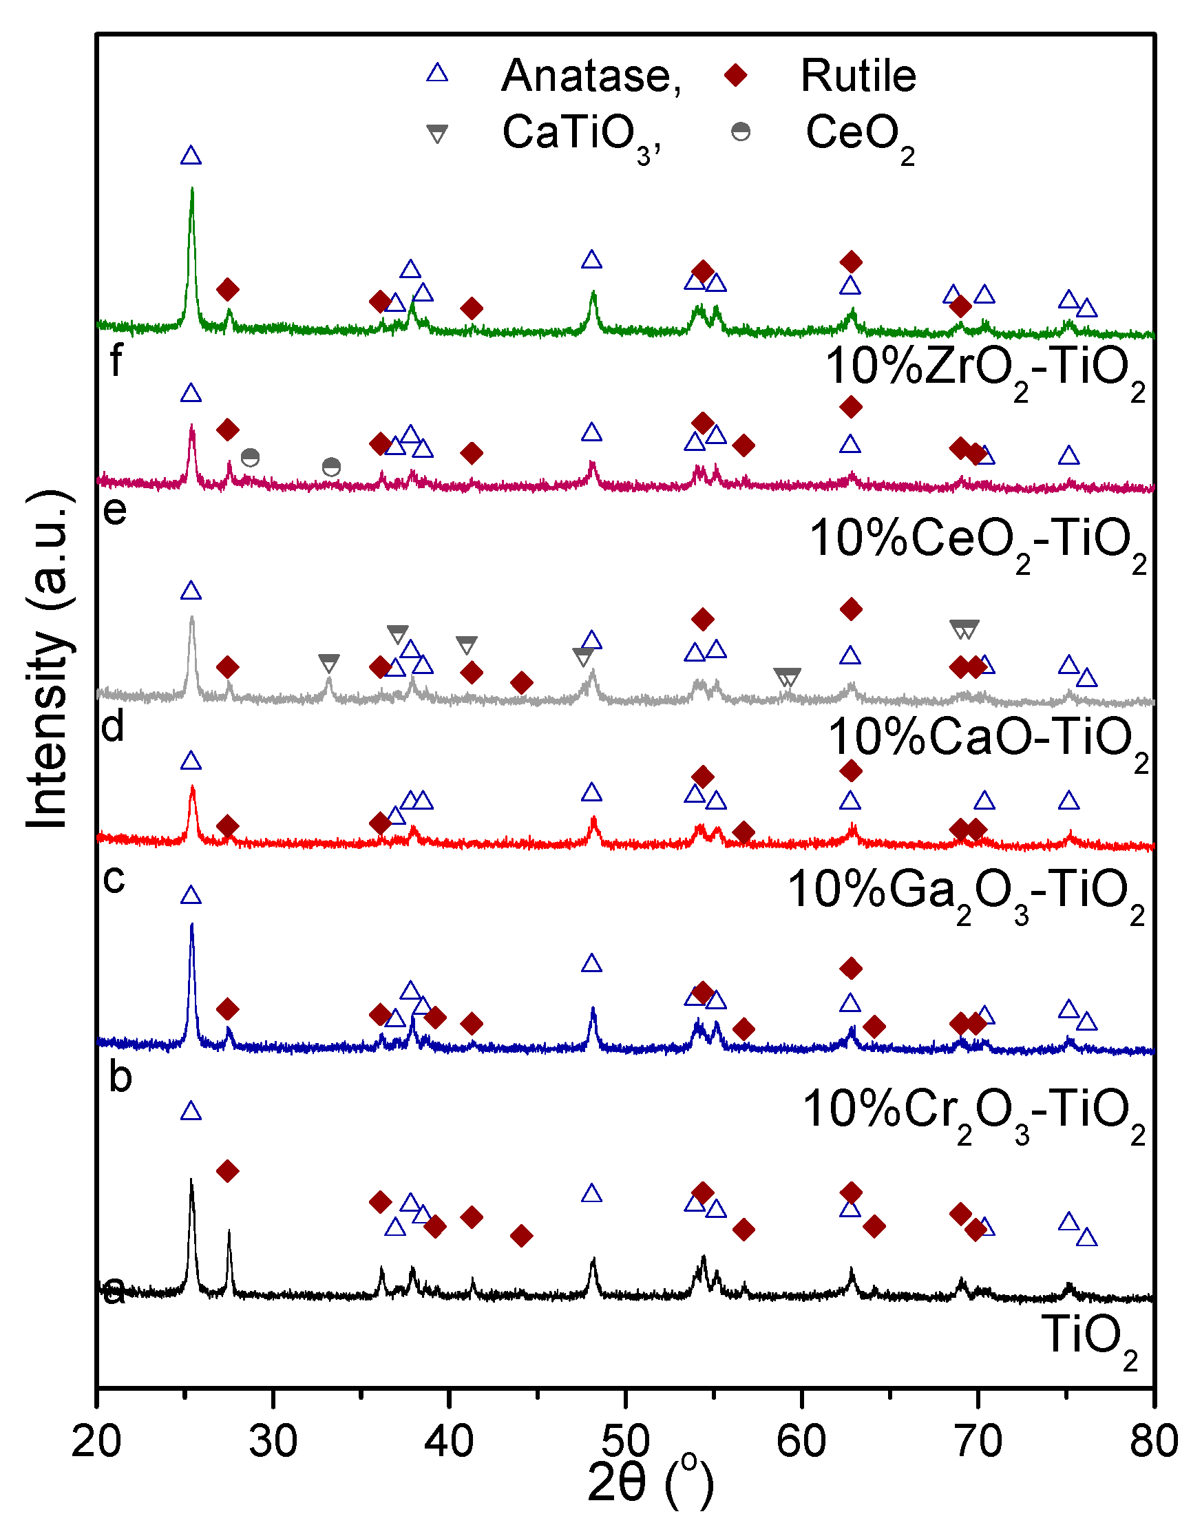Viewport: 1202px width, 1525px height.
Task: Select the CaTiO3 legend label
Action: (x=581, y=134)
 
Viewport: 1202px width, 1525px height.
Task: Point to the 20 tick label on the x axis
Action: (x=96, y=1440)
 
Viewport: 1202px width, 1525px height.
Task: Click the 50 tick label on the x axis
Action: (x=625, y=1440)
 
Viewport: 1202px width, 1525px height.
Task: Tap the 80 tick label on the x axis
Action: (x=1152, y=1440)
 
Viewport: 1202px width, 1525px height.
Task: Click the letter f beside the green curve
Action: (x=116, y=360)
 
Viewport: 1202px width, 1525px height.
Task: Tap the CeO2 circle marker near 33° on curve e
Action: (x=331, y=467)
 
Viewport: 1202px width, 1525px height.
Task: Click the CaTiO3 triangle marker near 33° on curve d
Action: (x=328, y=662)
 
